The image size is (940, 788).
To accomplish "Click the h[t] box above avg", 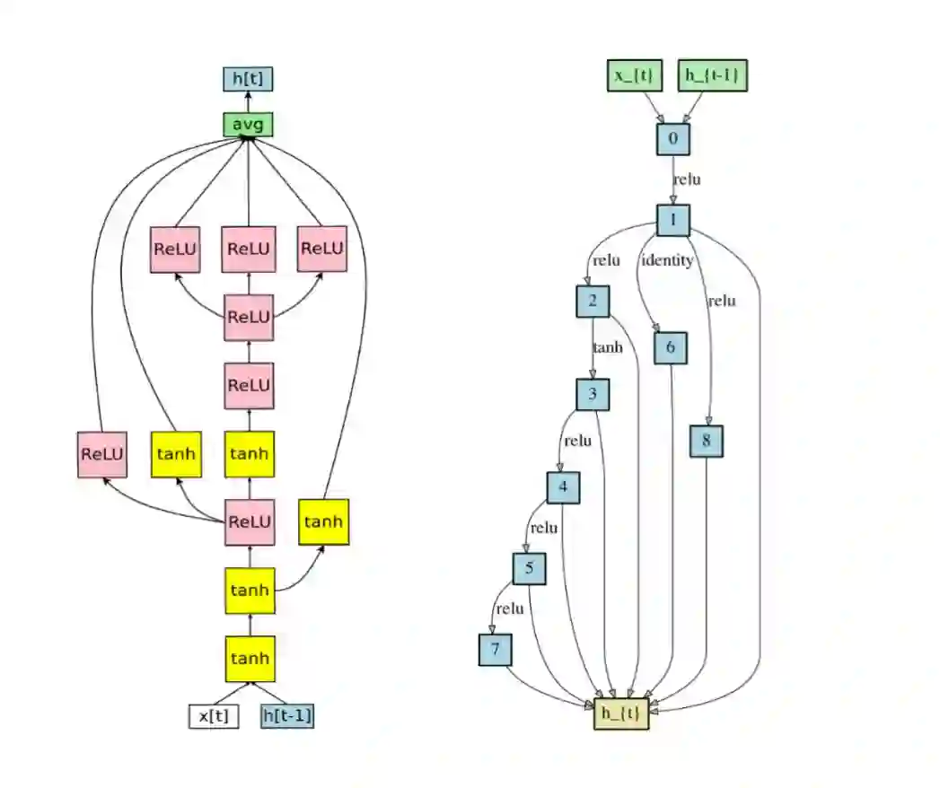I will [248, 79].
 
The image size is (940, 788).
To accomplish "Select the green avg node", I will [248, 125].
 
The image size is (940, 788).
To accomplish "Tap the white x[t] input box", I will [214, 716].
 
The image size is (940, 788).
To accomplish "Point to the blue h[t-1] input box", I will [287, 716].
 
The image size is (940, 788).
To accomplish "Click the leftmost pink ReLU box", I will [102, 454].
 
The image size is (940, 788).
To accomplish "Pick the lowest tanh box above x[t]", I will [250, 658].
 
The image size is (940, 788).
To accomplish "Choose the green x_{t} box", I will [635, 75].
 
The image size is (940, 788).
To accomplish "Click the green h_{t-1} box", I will [713, 75].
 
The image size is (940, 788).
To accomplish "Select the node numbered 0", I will [672, 139].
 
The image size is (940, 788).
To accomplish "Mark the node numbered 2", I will [593, 301].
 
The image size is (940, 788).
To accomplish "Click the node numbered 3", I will [593, 394].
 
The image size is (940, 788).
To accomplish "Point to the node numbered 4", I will [563, 488].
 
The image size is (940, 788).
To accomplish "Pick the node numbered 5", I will [530, 568].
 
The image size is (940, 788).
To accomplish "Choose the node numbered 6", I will [671, 348].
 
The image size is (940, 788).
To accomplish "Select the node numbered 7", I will [494, 649].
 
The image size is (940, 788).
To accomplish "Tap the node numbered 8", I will [707, 442].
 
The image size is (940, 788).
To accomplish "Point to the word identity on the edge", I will [666, 260].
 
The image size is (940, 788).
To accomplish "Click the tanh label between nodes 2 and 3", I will [607, 347].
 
